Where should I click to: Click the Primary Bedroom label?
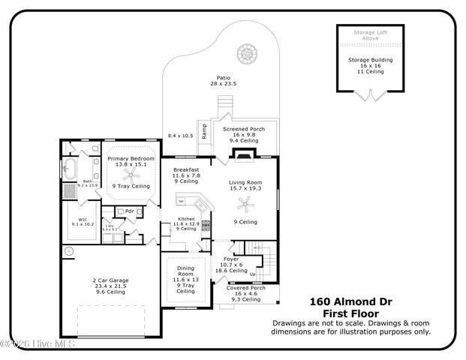(131, 159)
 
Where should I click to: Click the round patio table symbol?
(246, 53)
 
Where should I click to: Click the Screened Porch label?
(244, 129)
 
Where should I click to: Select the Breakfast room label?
(186, 169)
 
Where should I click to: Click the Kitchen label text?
(185, 218)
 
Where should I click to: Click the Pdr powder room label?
(129, 211)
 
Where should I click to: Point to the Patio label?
(223, 77)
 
